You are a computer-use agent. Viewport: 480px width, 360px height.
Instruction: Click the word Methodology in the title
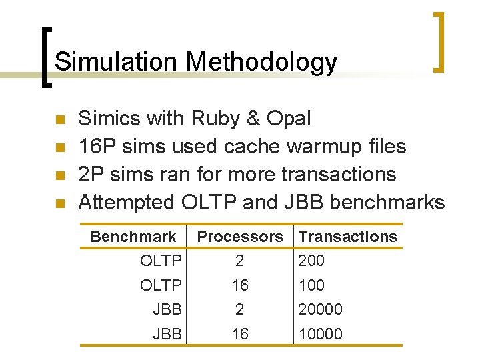261,62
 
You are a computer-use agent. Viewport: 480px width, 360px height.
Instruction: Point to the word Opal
289,119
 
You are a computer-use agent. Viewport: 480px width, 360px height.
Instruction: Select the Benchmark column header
133,237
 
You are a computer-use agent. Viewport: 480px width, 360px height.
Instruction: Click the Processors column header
240,237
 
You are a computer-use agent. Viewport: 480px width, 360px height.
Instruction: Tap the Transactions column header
347,237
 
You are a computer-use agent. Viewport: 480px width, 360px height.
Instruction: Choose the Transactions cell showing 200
311,261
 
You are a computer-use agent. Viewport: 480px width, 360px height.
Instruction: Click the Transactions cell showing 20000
320,309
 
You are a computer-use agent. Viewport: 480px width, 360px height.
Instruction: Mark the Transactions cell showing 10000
320,333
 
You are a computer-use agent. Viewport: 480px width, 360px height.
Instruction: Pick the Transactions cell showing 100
311,285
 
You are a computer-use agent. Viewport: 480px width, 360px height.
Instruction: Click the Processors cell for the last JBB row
240,333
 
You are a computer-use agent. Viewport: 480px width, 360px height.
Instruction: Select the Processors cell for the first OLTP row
240,261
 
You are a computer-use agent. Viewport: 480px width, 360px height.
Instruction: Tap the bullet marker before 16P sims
59,147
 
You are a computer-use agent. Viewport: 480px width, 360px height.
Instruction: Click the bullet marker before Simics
59,120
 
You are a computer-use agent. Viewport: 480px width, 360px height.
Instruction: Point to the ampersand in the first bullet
254,119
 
